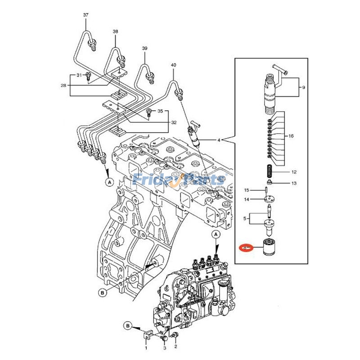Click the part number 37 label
click(86, 15)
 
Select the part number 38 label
click(116, 31)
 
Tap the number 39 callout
click(144, 48)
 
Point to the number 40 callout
click(173, 65)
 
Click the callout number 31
click(79, 75)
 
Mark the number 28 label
click(64, 85)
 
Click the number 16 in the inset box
click(291, 136)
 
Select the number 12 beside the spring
click(293, 172)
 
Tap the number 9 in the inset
click(303, 87)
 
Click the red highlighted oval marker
click(246, 247)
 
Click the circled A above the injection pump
click(215, 235)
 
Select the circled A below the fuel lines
click(108, 182)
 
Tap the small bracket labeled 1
click(145, 335)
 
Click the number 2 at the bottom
click(175, 346)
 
